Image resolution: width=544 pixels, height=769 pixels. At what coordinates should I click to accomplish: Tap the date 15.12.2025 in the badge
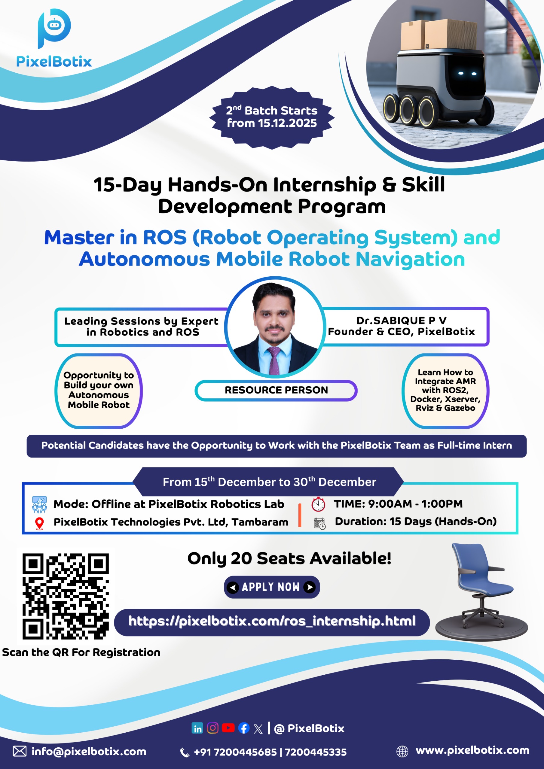click(x=287, y=123)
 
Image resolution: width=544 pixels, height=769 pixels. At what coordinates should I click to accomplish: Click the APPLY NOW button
click(x=272, y=587)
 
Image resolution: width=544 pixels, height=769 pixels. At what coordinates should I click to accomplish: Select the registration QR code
click(x=66, y=597)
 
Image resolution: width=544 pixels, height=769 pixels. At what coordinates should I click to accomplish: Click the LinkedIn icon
click(x=197, y=728)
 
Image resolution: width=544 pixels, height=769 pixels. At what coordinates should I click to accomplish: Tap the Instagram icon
click(x=213, y=728)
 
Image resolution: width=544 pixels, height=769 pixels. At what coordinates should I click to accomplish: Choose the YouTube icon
click(x=228, y=728)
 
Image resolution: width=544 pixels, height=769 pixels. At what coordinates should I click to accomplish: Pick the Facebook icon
click(x=244, y=728)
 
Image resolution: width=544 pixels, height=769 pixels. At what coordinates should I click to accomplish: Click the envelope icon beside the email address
click(x=20, y=751)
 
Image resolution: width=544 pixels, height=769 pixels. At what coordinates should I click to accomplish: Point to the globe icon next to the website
click(x=402, y=751)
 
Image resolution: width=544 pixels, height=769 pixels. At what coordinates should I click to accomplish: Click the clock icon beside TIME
click(x=318, y=504)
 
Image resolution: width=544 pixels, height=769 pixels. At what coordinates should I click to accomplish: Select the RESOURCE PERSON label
click(x=276, y=390)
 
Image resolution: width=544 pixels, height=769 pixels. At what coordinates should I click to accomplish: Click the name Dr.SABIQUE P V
click(x=401, y=321)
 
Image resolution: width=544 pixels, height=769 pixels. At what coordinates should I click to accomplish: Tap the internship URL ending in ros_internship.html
click(x=272, y=621)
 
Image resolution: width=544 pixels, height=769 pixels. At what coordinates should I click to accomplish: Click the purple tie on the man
click(x=274, y=361)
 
